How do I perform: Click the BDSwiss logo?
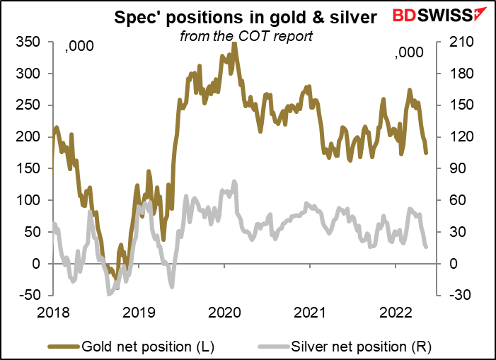pyautogui.click(x=440, y=15)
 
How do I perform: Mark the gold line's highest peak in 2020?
pyautogui.click(x=234, y=45)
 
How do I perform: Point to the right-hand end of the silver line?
pyautogui.click(x=427, y=247)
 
